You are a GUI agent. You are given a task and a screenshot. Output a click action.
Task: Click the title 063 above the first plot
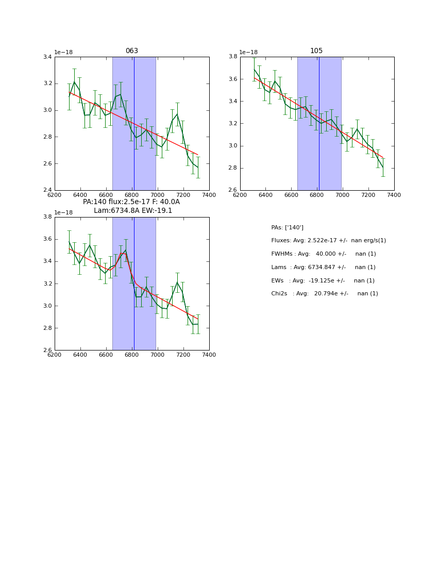pyautogui.click(x=132, y=51)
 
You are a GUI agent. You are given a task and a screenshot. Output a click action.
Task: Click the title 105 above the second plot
pyautogui.click(x=316, y=51)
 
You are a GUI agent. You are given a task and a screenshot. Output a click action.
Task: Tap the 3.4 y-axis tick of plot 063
pyautogui.click(x=47, y=57)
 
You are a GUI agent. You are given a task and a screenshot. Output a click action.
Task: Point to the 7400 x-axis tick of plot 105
pyautogui.click(x=394, y=195)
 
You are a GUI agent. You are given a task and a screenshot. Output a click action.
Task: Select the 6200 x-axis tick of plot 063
pyautogui.click(x=55, y=195)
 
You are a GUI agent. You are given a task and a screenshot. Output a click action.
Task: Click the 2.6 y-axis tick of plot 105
pyautogui.click(x=232, y=190)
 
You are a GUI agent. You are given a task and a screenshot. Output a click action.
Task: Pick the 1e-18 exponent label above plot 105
pyautogui.click(x=248, y=52)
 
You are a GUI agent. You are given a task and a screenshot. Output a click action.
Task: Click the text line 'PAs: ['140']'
pyautogui.click(x=287, y=227)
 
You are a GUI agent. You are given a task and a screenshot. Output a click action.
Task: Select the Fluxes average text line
pyautogui.click(x=328, y=241)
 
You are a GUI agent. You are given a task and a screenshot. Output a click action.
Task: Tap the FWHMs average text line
pyautogui.click(x=323, y=254)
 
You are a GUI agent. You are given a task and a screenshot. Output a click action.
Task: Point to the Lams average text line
pyautogui.click(x=323, y=268)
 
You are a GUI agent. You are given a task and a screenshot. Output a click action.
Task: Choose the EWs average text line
pyautogui.click(x=323, y=281)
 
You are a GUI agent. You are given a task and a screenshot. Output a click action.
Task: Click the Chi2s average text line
pyautogui.click(x=324, y=294)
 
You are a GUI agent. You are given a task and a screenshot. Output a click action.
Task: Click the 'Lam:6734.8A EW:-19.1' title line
pyautogui.click(x=133, y=211)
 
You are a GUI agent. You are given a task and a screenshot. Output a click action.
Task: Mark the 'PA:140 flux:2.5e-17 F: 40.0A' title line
pyautogui.click(x=131, y=202)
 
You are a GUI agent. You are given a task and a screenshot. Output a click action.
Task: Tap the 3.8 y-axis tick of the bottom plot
pyautogui.click(x=47, y=217)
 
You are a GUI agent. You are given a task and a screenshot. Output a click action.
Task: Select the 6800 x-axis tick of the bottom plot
pyautogui.click(x=132, y=355)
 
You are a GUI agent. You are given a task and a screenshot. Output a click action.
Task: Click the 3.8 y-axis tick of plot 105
pyautogui.click(x=232, y=57)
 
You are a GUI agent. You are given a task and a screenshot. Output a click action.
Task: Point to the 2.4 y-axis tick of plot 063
pyautogui.click(x=47, y=190)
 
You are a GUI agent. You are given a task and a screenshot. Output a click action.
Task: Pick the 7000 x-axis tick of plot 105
pyautogui.click(x=343, y=195)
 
